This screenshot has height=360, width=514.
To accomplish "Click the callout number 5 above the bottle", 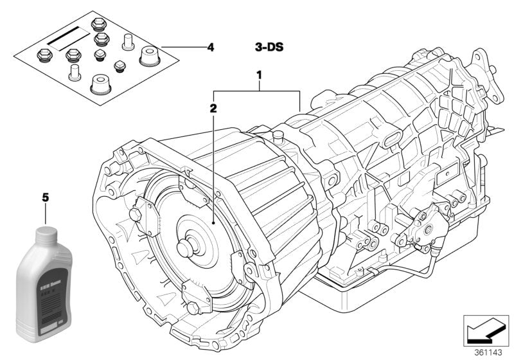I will (x=46, y=197).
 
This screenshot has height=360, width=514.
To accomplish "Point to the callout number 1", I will (x=259, y=76).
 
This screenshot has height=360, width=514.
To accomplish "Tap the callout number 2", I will (x=213, y=109).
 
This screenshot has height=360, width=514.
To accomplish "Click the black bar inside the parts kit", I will (x=63, y=37).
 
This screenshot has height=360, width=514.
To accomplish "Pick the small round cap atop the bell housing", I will (x=278, y=136).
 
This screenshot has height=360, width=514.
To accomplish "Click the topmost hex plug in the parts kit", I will (x=99, y=24).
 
